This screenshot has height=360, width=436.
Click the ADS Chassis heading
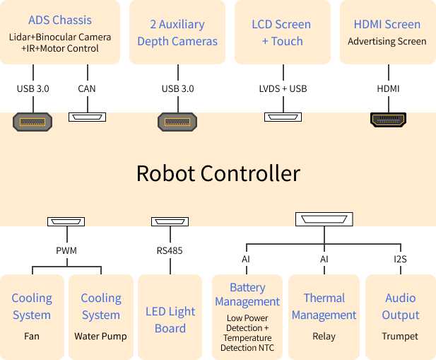(x=60, y=20)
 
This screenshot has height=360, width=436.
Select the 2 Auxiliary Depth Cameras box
(x=177, y=33)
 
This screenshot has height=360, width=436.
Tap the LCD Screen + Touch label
(x=281, y=33)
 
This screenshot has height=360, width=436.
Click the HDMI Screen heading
(x=387, y=24)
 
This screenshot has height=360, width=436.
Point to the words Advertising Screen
(x=387, y=42)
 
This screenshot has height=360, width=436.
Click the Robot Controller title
(x=218, y=173)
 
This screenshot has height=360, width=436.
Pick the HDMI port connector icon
(x=388, y=120)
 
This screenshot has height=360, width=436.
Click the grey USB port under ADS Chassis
(x=33, y=122)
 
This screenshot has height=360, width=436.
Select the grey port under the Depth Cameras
(x=177, y=122)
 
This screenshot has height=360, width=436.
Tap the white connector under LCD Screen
(x=283, y=117)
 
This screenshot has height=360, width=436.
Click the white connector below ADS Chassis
(x=87, y=117)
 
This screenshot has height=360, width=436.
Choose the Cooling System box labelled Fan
(x=32, y=316)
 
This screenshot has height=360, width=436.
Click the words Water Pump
(x=101, y=337)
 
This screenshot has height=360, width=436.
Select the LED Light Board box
(x=170, y=320)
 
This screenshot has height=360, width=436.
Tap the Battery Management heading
(x=247, y=294)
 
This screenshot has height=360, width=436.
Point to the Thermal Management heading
(x=324, y=306)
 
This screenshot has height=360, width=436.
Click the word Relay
(x=324, y=337)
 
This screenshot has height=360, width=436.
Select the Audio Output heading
(x=401, y=306)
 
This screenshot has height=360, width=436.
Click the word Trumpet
(x=401, y=337)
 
